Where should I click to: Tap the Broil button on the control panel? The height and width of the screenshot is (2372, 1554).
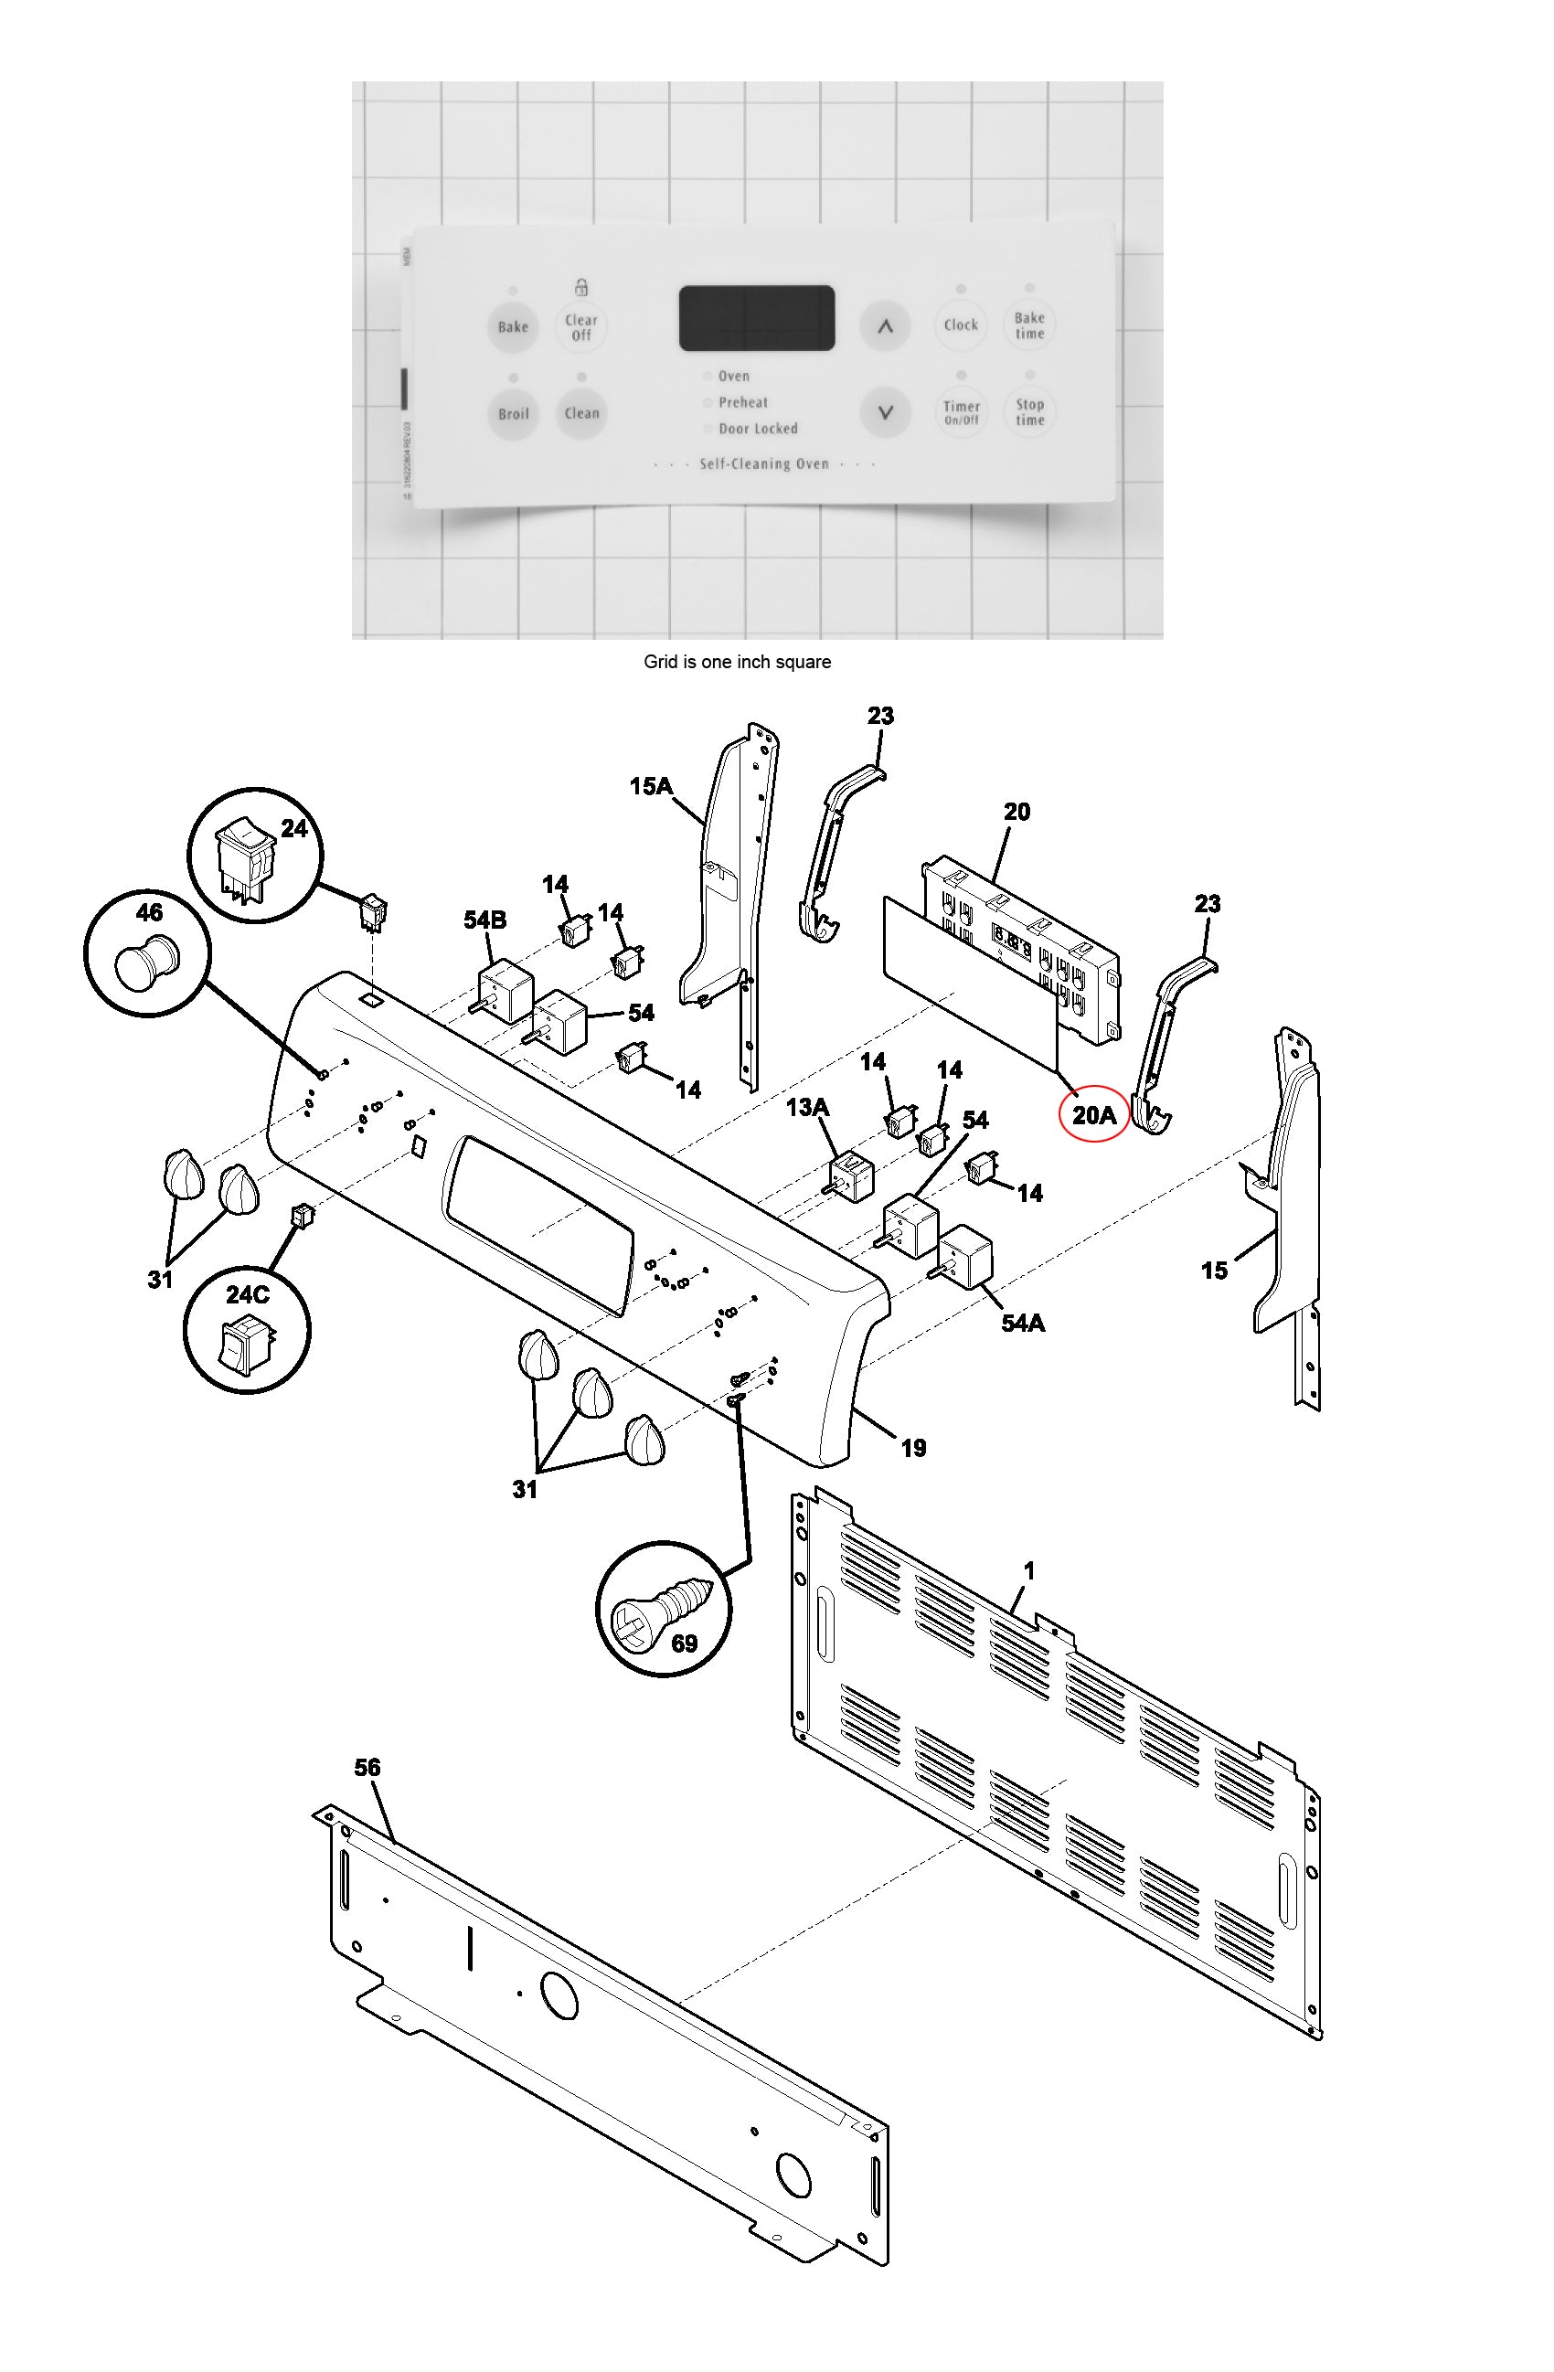(x=514, y=413)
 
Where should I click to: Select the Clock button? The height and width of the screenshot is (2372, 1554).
(x=960, y=324)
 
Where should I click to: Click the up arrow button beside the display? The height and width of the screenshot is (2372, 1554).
(x=885, y=326)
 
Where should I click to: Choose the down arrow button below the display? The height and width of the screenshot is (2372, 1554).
(x=885, y=411)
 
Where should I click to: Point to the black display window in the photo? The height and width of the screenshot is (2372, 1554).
(x=757, y=318)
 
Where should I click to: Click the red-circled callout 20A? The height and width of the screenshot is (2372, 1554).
(x=1092, y=1115)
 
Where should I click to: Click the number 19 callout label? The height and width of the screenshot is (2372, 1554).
(x=913, y=1448)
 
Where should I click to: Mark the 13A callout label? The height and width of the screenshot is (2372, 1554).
(x=807, y=1107)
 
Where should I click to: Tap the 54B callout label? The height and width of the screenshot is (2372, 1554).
(x=484, y=920)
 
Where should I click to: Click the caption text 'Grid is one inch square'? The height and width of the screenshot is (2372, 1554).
(x=737, y=662)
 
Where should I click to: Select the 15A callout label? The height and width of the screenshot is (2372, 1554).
(x=650, y=786)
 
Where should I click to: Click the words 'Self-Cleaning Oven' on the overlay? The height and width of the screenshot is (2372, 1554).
(x=763, y=463)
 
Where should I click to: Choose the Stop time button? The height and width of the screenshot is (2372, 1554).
(x=1029, y=411)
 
